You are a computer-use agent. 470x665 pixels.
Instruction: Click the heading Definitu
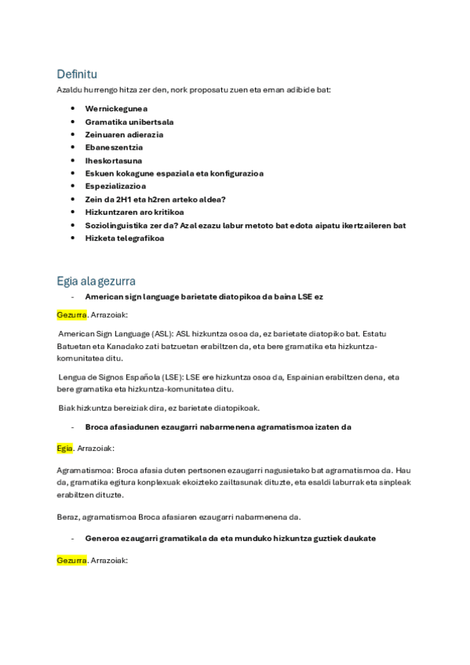coord(76,74)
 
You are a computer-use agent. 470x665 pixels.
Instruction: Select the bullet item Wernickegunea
coord(116,109)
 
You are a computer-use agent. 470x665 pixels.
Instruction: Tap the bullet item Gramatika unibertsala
coord(129,122)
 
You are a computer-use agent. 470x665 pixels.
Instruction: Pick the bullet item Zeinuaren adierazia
coord(124,135)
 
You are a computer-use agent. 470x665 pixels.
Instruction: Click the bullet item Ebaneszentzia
coord(114,147)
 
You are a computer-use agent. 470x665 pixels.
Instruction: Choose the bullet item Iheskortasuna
coord(114,161)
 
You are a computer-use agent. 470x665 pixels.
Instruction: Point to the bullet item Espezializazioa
coord(115,187)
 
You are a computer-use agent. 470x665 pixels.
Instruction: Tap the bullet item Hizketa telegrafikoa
coord(125,238)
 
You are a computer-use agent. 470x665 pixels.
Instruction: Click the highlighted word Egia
coord(65,448)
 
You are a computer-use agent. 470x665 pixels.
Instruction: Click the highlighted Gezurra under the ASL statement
coord(71,314)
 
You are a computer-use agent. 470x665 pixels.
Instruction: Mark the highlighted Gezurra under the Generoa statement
coord(71,561)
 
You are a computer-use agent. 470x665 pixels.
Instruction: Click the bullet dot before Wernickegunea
coord(72,109)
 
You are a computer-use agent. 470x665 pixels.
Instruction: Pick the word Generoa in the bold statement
coord(104,538)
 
